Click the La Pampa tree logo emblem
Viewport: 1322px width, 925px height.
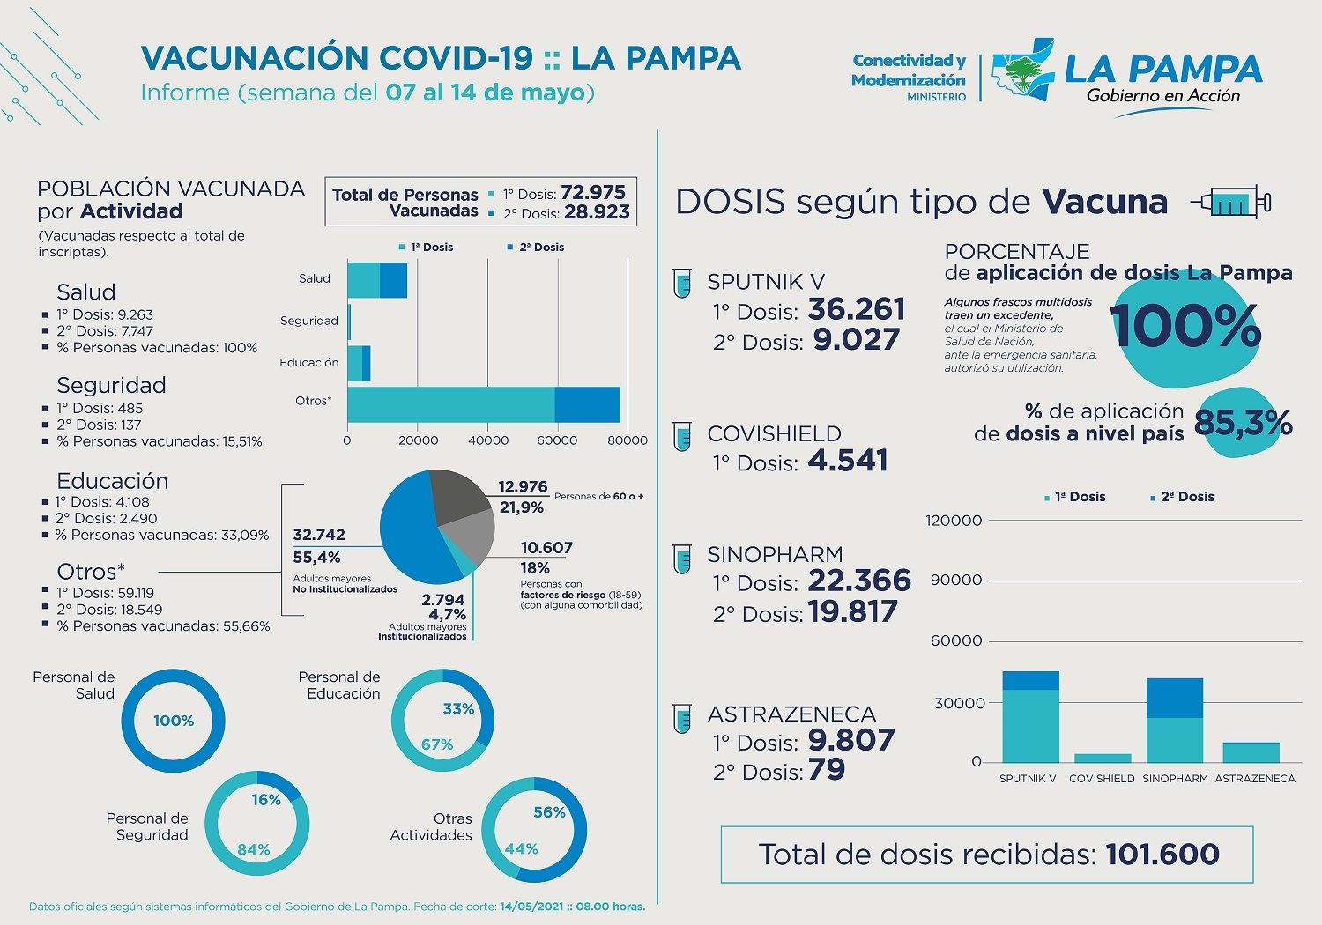coord(1022,70)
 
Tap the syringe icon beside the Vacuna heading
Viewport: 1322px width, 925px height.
coord(1231,203)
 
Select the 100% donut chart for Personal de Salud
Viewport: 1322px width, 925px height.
coord(173,721)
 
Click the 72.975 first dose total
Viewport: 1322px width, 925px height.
coord(593,193)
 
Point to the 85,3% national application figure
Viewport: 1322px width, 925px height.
coord(1243,424)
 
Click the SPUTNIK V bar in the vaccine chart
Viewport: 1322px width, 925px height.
coord(1030,717)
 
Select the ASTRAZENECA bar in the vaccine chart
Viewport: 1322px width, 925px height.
coord(1251,752)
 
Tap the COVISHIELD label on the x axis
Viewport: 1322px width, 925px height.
coord(1102,779)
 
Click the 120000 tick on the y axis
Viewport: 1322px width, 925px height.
coord(954,521)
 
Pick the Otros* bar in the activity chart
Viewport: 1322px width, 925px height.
coord(483,405)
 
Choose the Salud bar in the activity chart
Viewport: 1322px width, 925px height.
coord(377,280)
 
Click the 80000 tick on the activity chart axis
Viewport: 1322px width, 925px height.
coord(628,440)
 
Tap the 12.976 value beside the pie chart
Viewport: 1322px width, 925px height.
coord(523,487)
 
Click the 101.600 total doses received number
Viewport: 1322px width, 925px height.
coord(1162,854)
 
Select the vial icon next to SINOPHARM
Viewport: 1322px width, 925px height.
coord(682,559)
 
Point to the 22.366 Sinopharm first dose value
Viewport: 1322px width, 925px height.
coord(858,581)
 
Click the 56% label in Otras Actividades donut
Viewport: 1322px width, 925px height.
coord(549,812)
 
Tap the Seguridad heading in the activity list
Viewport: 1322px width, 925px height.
coord(111,386)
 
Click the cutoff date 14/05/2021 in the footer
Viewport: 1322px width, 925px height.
coord(531,906)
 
